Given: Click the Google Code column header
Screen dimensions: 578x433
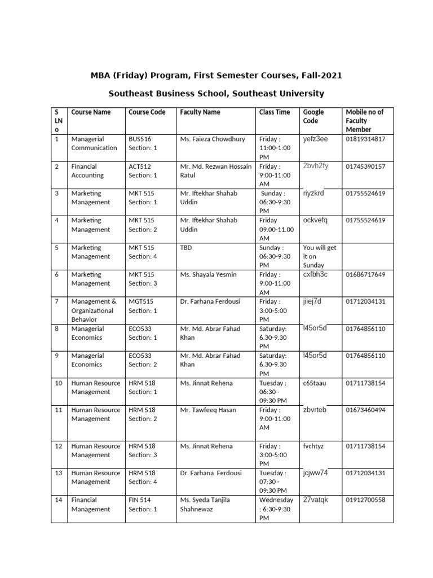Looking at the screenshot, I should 313,116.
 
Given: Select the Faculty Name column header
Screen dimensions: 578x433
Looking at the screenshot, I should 200,112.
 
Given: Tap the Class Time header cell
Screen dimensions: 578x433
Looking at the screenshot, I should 275,112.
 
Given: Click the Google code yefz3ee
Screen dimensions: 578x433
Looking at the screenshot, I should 315,138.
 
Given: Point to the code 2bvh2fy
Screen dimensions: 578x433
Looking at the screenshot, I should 316,165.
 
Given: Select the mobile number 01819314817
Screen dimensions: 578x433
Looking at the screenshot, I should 365,139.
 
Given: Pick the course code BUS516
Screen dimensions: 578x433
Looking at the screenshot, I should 140,139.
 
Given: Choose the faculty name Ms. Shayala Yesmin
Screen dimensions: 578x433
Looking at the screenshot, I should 208,274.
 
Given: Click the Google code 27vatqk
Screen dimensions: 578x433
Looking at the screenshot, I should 315,500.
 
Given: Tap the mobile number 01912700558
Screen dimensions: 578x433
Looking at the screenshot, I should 365,500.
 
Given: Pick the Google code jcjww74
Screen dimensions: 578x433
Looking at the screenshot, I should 315,472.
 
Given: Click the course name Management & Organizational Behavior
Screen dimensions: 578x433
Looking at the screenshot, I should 94,310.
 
